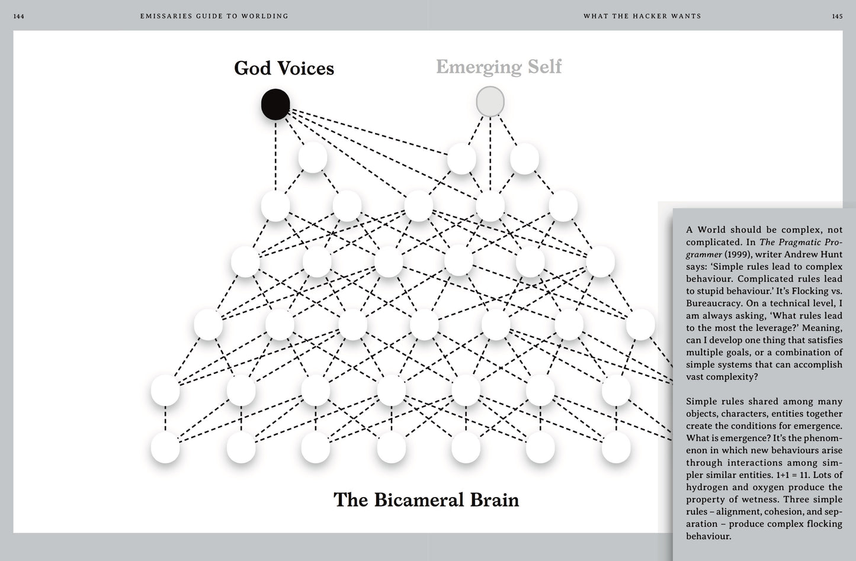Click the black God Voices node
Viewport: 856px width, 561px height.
pos(275,105)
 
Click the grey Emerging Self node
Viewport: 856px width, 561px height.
pos(490,102)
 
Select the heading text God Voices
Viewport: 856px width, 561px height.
pos(284,68)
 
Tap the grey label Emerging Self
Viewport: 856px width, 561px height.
pos(499,67)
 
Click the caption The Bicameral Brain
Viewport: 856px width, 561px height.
pos(426,499)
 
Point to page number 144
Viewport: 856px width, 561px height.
pos(19,17)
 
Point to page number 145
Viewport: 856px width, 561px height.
pos(837,17)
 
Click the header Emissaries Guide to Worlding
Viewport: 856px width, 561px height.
pos(214,17)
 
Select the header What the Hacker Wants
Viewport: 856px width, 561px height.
pos(642,17)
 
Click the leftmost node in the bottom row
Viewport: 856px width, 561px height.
pos(165,447)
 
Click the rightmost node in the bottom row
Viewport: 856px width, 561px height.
pos(616,447)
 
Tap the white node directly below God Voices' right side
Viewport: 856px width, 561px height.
pos(313,157)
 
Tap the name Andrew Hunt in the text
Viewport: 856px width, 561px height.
pos(813,254)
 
